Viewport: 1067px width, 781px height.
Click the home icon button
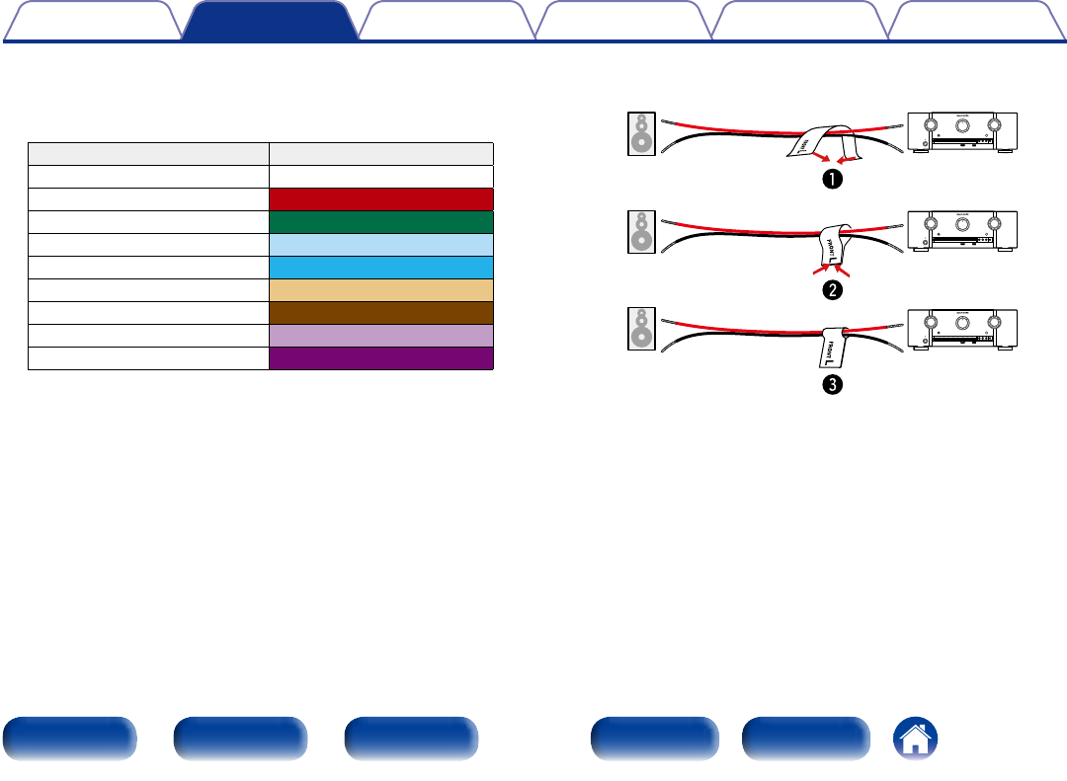[916, 740]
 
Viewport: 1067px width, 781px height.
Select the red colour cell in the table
[381, 198]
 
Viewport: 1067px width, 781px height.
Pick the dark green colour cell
[381, 221]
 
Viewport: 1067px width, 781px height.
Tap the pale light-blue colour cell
[381, 244]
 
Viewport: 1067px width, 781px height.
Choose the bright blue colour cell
[381, 267]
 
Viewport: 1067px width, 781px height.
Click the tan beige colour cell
[381, 289]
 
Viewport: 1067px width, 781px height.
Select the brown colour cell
[381, 312]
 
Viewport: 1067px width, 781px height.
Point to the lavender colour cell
[381, 335]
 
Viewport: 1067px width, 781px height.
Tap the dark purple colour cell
[381, 357]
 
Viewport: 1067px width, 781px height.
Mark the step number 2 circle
[835, 289]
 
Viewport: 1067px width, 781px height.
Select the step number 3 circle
[835, 387]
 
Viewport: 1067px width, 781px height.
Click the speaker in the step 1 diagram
[641, 135]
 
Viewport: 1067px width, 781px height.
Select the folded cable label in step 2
[831, 243]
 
